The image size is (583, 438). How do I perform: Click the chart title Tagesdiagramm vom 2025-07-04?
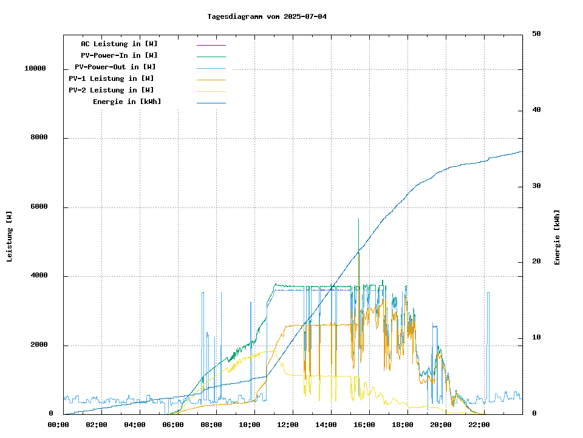pos(267,16)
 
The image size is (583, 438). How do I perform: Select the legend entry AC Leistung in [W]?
pos(119,44)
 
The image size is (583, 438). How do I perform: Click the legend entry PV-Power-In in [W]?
pos(119,55)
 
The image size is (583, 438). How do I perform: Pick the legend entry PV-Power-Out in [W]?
pos(115,67)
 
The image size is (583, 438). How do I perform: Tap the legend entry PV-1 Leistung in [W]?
pos(111,78)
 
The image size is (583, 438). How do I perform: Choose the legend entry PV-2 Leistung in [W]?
pos(111,90)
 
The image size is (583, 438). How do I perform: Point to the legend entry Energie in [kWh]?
pos(127,102)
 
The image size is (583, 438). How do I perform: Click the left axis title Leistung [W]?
pos(9,236)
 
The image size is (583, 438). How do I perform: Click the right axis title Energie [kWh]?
pos(557,237)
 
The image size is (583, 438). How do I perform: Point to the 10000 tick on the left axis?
pos(35,69)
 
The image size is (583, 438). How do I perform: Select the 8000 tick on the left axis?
pos(39,138)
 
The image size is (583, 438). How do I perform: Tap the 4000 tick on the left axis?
pos(39,276)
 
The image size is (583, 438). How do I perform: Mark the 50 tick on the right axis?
pos(536,34)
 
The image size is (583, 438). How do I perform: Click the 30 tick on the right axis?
pos(536,186)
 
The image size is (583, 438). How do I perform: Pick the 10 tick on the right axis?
pos(536,338)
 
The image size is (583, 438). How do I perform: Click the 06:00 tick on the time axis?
pos(173,425)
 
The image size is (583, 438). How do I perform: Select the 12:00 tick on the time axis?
pos(288,425)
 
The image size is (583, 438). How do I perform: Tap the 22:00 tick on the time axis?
pos(479,425)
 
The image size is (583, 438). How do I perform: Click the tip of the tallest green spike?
pos(358,218)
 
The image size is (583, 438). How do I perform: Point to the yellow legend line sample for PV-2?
pos(211,91)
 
